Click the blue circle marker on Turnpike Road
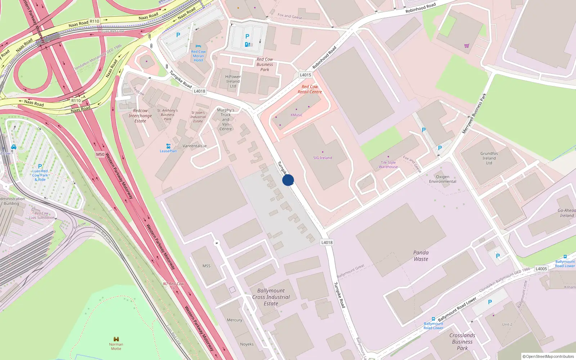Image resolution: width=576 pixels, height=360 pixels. pyautogui.click(x=288, y=180)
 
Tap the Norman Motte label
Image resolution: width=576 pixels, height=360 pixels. pyautogui.click(x=116, y=346)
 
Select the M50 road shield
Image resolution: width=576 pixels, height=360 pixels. pyautogui.click(x=100, y=154)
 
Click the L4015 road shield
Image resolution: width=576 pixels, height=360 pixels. pyautogui.click(x=305, y=75)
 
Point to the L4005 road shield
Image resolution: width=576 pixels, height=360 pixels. pyautogui.click(x=541, y=269)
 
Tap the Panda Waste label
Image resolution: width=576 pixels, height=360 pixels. pyautogui.click(x=421, y=256)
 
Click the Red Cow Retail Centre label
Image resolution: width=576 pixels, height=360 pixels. pyautogui.click(x=310, y=89)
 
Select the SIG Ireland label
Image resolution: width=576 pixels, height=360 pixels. pyautogui.click(x=323, y=158)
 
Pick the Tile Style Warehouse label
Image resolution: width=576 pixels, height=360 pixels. pyautogui.click(x=388, y=165)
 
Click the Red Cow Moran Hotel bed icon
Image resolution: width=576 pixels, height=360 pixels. pyautogui.click(x=198, y=46)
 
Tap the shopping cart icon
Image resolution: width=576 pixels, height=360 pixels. pyautogui.click(x=467, y=46)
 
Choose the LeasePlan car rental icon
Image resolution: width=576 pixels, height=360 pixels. pyautogui.click(x=168, y=146)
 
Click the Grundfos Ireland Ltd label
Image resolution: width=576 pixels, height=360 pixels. pyautogui.click(x=489, y=158)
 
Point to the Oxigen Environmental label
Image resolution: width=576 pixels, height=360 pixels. pyautogui.click(x=442, y=179)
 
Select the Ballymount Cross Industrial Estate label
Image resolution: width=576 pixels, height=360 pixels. pyautogui.click(x=271, y=297)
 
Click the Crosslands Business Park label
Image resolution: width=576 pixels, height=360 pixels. pyautogui.click(x=462, y=342)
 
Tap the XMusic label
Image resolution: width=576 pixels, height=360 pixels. pyautogui.click(x=296, y=115)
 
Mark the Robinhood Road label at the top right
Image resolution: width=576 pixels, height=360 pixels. pyautogui.click(x=420, y=8)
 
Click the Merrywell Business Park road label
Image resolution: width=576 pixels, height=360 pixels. pyautogui.click(x=474, y=113)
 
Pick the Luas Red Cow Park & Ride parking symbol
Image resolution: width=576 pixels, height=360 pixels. pyautogui.click(x=40, y=166)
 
